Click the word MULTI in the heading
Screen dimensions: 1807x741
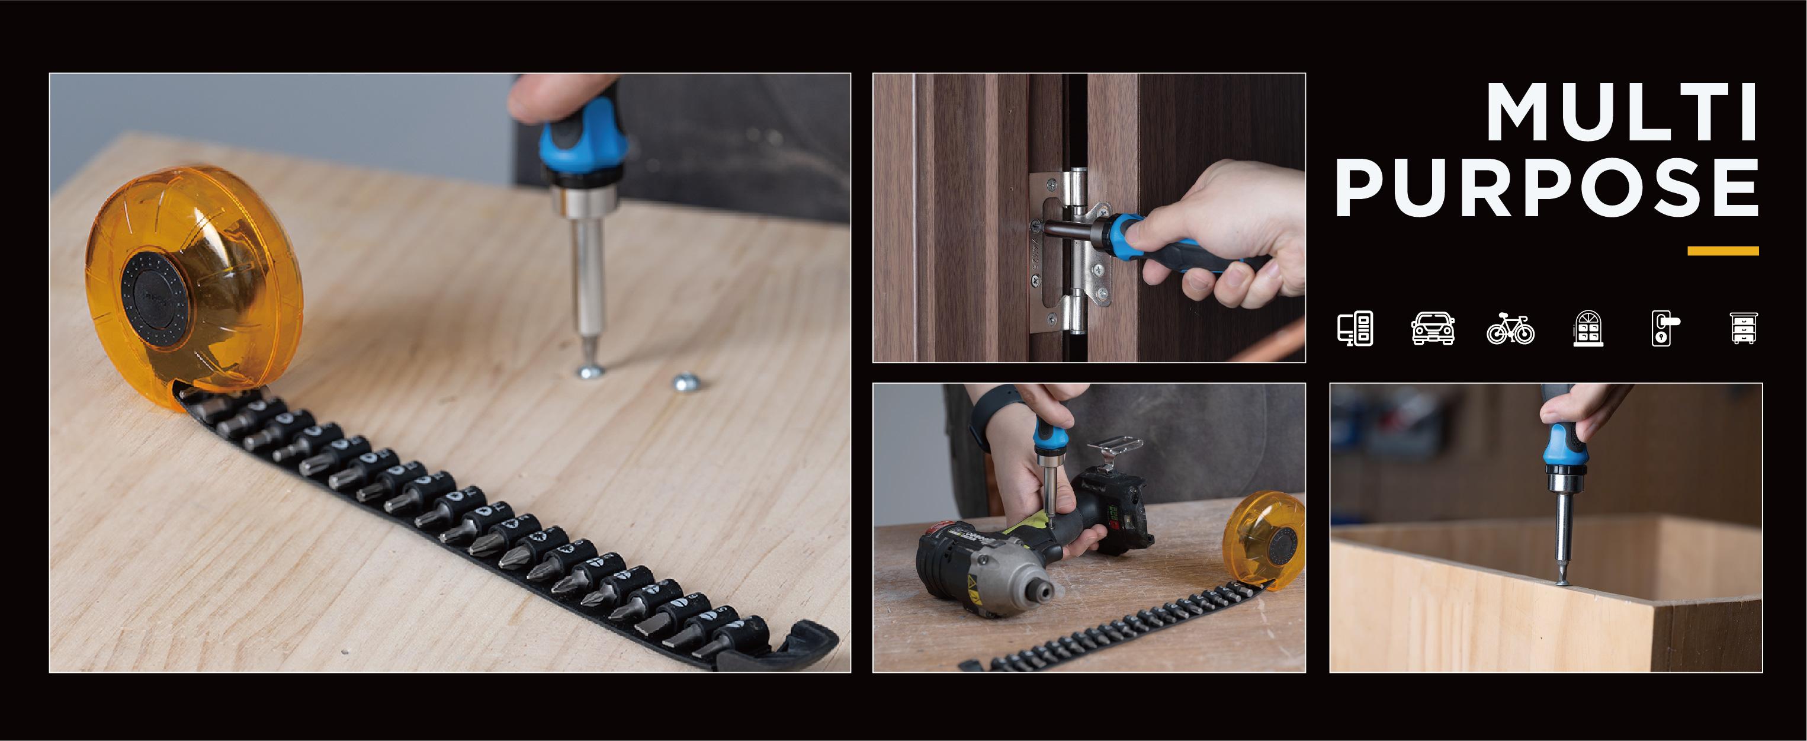tap(1621, 113)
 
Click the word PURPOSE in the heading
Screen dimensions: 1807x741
tap(1547, 187)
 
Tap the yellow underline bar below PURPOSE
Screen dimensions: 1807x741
tap(1723, 251)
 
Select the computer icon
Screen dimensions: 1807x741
tap(1355, 328)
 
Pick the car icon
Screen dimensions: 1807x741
tap(1433, 328)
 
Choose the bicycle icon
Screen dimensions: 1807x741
tap(1510, 328)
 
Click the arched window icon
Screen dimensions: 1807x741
tap(1588, 328)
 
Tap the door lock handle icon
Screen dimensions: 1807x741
tap(1665, 328)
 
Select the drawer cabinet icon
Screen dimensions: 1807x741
tap(1744, 328)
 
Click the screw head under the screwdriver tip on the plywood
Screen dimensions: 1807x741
tap(589, 371)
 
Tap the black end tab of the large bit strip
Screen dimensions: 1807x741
tap(779, 649)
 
